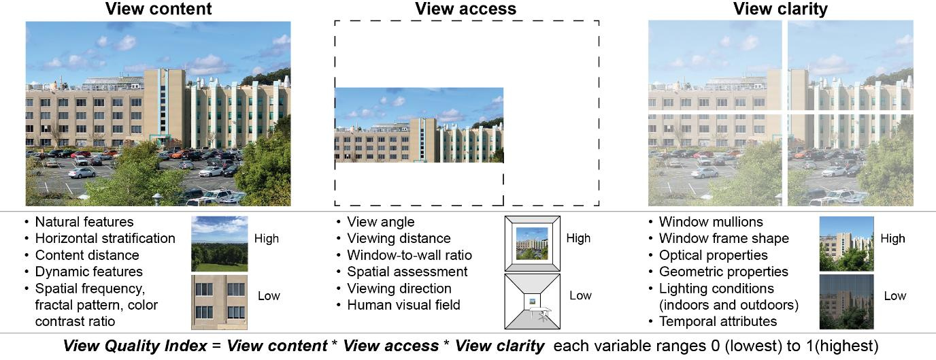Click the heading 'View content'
tap(158, 9)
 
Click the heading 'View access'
tap(465, 9)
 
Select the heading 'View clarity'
tap(780, 9)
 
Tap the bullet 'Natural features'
tap(84, 222)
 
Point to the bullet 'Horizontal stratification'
tap(105, 238)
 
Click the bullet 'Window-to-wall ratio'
tap(409, 255)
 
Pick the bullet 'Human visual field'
tap(403, 305)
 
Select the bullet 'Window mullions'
tap(711, 222)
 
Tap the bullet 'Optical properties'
tap(713, 255)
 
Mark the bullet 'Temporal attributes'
tap(718, 321)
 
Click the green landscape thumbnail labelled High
tap(219, 244)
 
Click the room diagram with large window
tap(532, 244)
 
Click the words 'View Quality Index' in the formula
tap(135, 346)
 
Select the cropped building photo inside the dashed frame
tap(419, 125)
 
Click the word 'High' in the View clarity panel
tap(892, 238)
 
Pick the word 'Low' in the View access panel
tap(580, 295)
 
